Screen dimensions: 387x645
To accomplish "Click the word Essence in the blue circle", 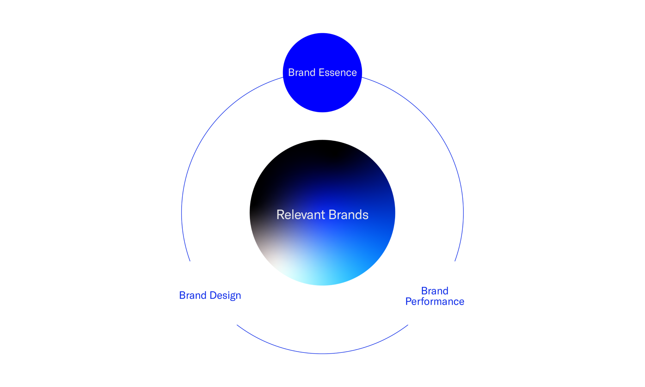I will coord(337,73).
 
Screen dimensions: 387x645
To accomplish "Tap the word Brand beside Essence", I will coord(302,73).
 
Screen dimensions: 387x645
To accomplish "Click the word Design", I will coord(225,296).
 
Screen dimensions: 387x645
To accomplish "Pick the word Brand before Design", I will coord(193,295).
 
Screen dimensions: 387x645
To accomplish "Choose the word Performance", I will coord(435,302).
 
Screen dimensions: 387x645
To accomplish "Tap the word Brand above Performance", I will coord(435,291).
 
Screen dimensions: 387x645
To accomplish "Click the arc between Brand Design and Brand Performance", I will coord(322,353).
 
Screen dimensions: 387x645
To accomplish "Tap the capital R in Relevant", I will coord(280,215).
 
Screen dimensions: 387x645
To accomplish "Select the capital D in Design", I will coord(213,295).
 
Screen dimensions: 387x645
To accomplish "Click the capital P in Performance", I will coord(409,302).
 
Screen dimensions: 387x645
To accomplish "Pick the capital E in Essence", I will coord(321,73).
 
